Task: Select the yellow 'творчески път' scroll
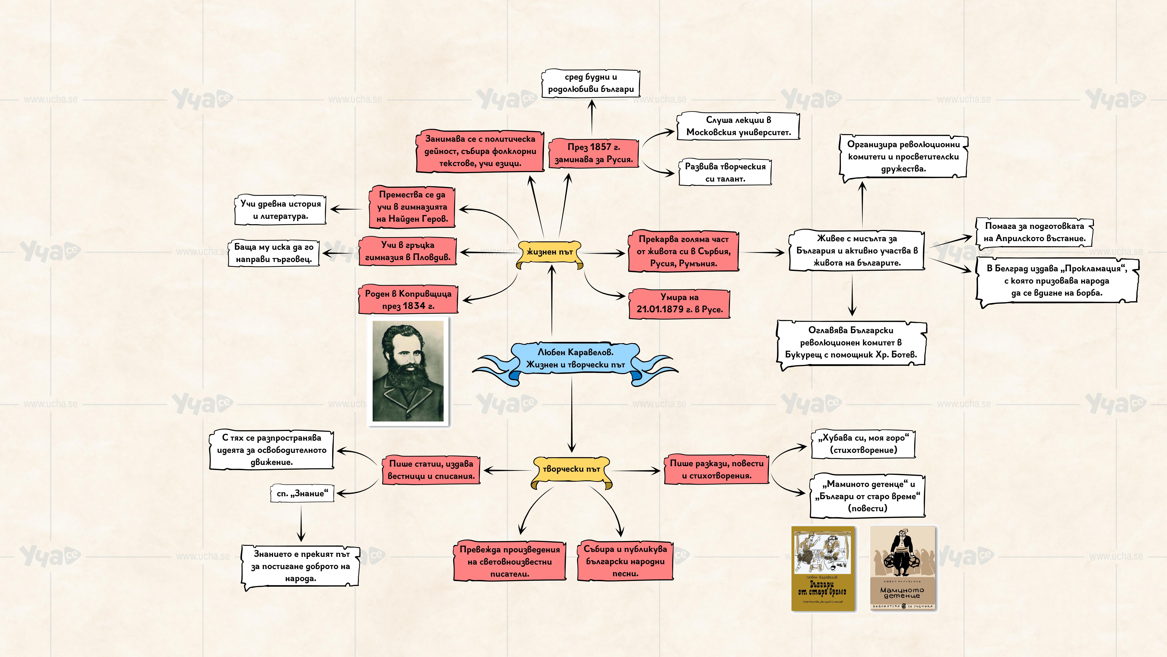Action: pyautogui.click(x=571, y=470)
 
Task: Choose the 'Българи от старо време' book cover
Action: pyautogui.click(x=823, y=568)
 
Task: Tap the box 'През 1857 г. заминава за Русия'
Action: pyautogui.click(x=593, y=153)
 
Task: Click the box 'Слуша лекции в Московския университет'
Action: pyautogui.click(x=738, y=126)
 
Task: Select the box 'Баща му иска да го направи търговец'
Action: pyautogui.click(x=274, y=253)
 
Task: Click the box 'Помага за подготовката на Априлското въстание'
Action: pyautogui.click(x=1034, y=232)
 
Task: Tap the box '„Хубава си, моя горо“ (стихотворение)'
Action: pyautogui.click(x=863, y=444)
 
